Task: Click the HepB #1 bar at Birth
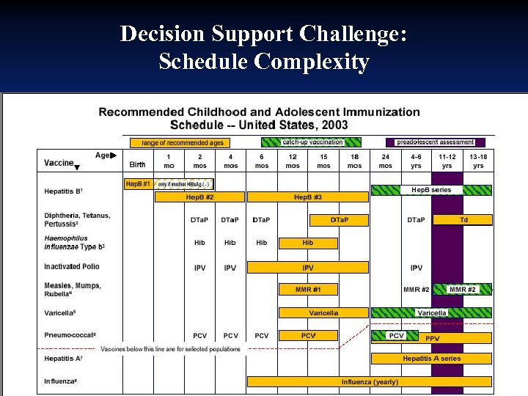pos(137,183)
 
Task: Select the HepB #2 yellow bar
pos(199,197)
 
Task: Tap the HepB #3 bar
pos(307,197)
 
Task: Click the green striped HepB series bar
pos(431,190)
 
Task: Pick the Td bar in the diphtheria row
pos(463,219)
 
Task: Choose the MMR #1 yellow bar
pos(307,290)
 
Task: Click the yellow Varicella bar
pos(323,312)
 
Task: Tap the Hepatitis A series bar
pos(431,359)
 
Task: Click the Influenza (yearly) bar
pos(369,381)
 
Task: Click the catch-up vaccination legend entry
pos(312,142)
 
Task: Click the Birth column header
pos(137,165)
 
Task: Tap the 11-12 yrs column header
pos(447,161)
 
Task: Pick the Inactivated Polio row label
pos(72,267)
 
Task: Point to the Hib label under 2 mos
pos(199,243)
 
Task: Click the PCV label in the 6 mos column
pos(261,336)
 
